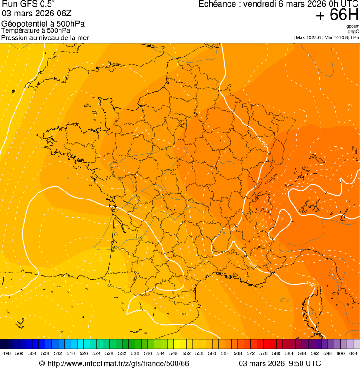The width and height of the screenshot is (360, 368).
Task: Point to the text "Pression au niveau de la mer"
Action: click(45, 37)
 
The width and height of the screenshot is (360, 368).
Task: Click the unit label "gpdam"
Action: click(353, 26)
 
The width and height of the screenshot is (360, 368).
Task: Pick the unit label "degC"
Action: click(353, 31)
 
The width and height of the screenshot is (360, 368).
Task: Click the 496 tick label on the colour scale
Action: click(7, 354)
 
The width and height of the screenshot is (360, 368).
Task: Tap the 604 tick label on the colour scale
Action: click(353, 354)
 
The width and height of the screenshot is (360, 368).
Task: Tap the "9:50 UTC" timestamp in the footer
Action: click(305, 364)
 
